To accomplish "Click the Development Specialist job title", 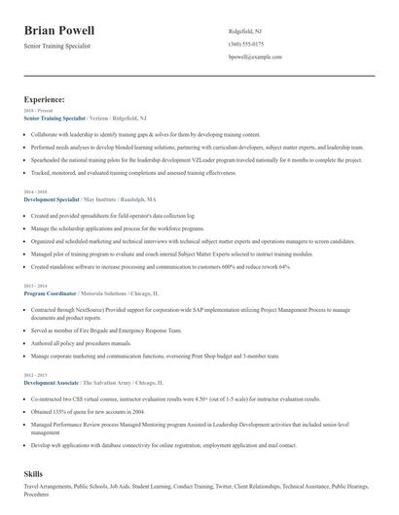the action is [x=53, y=199].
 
